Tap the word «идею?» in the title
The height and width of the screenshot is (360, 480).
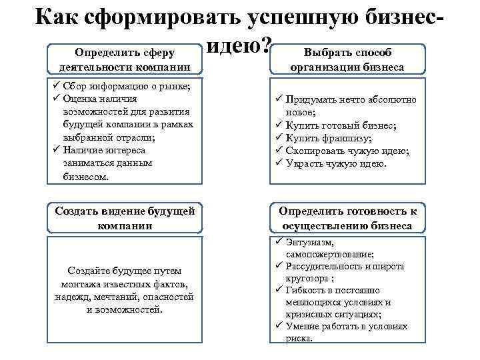pos(239,45)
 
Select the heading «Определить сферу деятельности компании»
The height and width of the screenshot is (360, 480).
pos(125,59)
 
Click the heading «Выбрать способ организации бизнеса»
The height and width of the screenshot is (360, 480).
pos(347,59)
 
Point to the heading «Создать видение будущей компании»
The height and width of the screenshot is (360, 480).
pos(125,218)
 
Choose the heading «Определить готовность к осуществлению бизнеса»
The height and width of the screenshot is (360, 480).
pos(347,218)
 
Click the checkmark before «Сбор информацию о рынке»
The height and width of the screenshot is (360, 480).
pos(56,87)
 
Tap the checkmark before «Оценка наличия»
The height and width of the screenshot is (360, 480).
pos(56,99)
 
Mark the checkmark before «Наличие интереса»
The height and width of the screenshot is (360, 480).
pos(56,150)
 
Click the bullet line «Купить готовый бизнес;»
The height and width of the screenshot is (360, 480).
pos(341,125)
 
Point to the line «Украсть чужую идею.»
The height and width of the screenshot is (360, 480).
pos(335,163)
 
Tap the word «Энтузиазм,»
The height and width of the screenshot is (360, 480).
pos(309,242)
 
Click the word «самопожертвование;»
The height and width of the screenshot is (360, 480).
pos(330,254)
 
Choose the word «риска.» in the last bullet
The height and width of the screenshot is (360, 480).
pos(298,338)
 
